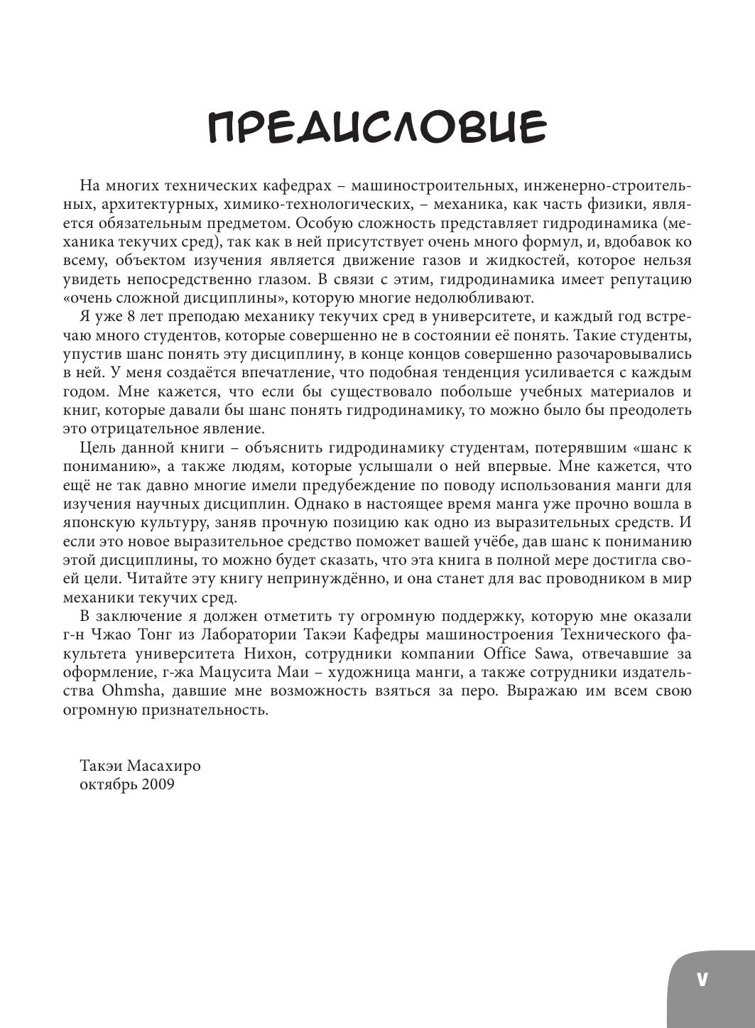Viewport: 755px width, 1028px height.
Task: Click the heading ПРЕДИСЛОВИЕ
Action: (x=377, y=129)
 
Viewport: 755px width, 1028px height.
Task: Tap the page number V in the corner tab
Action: (x=702, y=979)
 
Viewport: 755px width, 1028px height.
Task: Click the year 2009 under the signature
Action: (x=158, y=785)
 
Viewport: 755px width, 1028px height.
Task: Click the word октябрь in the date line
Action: (x=109, y=785)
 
